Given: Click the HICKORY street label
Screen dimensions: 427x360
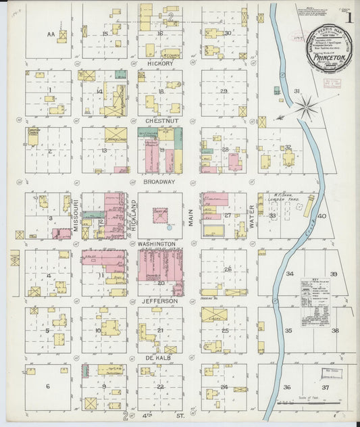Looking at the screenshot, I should (160, 64).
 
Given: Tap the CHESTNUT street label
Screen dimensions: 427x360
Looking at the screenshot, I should (160, 121).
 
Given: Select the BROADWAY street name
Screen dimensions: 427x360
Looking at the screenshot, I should (160, 182).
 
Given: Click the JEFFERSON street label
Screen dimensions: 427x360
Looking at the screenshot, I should (160, 301).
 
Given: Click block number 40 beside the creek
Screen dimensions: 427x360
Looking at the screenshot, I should (322, 216).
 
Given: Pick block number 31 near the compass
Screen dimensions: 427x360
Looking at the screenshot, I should (297, 91).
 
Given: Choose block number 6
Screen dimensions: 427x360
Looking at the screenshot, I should (47, 386).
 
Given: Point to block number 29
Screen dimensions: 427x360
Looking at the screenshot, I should (223, 91).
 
